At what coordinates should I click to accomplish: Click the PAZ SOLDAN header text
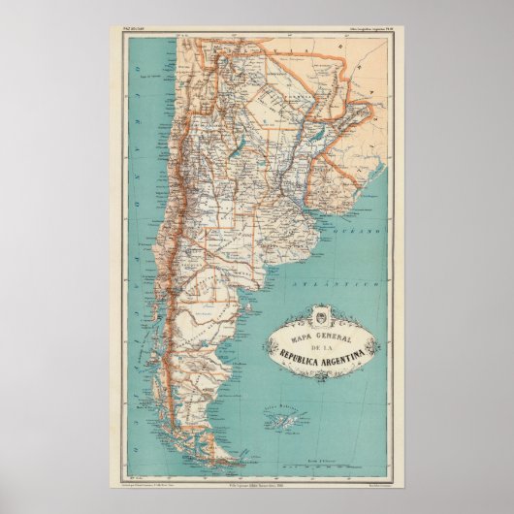127,32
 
